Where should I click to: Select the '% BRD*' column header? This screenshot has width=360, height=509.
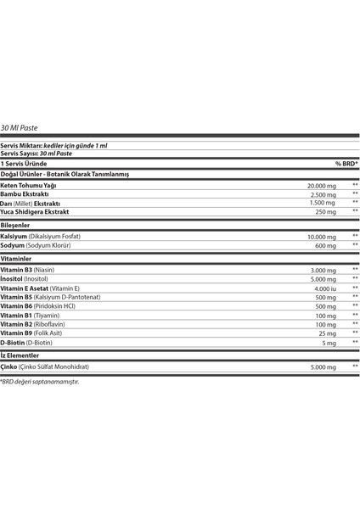tap(346, 164)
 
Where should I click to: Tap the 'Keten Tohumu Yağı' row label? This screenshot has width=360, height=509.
tap(29, 185)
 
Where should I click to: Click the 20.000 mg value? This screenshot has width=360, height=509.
tap(322, 185)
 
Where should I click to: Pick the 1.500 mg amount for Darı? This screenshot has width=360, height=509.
tap(323, 203)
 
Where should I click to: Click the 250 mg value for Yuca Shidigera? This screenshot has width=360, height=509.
tap(326, 212)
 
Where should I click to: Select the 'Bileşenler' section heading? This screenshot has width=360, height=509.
tap(15, 225)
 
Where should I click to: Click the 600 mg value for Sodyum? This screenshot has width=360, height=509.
tap(326, 246)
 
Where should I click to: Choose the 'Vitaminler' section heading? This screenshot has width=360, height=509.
tap(16, 258)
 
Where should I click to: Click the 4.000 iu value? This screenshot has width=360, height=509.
tap(325, 288)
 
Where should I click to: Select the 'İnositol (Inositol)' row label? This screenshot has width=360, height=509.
tap(25, 278)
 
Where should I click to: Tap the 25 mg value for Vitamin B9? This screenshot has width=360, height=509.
tap(328, 333)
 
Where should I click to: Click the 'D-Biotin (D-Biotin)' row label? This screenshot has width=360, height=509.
tap(26, 343)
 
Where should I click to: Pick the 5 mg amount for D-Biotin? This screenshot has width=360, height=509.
tap(329, 344)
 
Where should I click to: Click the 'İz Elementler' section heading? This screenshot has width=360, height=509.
tap(19, 355)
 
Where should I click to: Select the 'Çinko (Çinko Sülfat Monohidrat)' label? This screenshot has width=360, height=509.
tap(44, 366)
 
